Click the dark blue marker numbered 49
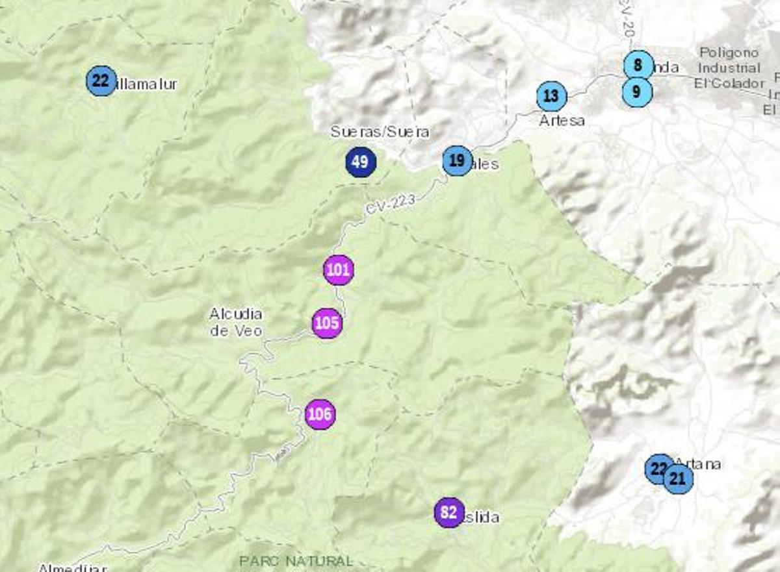pyautogui.click(x=361, y=162)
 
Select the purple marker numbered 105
pyautogui.click(x=327, y=323)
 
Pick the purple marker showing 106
pyautogui.click(x=320, y=414)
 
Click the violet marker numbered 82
pyautogui.click(x=449, y=512)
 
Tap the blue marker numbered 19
pyautogui.click(x=457, y=160)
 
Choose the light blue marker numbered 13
pyautogui.click(x=551, y=96)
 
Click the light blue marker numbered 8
pyautogui.click(x=638, y=65)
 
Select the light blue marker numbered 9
pyautogui.click(x=636, y=92)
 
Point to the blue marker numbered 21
pyautogui.click(x=679, y=479)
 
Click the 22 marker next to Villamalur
pyautogui.click(x=101, y=81)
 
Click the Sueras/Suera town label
pyautogui.click(x=380, y=132)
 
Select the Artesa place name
pyautogui.click(x=562, y=121)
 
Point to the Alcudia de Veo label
pyautogui.click(x=236, y=322)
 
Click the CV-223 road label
pyautogui.click(x=389, y=205)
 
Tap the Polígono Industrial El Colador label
pyautogui.click(x=729, y=68)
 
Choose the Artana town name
pyautogui.click(x=699, y=464)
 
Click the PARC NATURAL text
pyautogui.click(x=296, y=560)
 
